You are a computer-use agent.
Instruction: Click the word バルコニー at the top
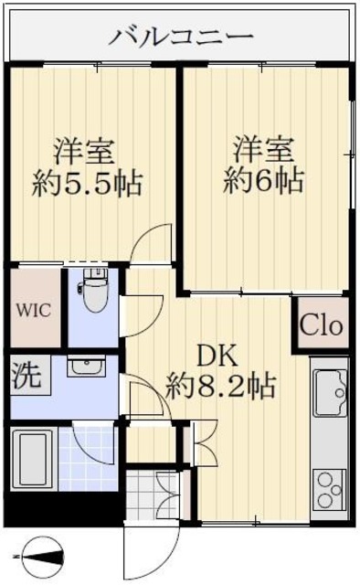click(182, 37)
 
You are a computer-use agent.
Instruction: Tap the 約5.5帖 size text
click(88, 182)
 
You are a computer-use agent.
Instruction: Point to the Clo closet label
click(321, 324)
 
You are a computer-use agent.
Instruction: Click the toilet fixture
click(93, 292)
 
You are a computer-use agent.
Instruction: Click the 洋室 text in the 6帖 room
click(265, 146)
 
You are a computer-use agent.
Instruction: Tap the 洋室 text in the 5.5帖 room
click(88, 148)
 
